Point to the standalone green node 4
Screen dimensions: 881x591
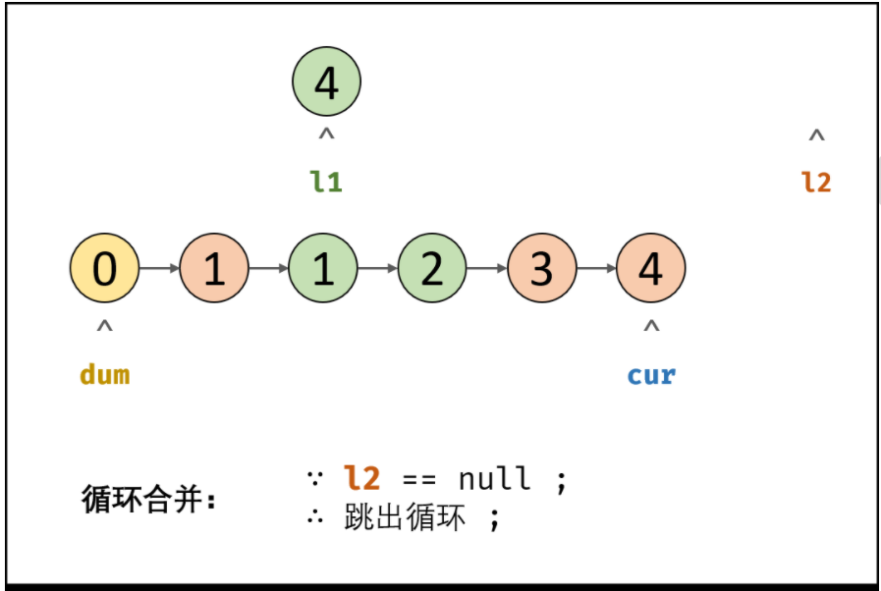[327, 82]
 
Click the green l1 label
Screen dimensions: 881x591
[327, 182]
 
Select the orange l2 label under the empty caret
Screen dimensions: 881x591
[816, 182]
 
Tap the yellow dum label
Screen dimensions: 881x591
[104, 375]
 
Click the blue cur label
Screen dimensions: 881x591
[651, 375]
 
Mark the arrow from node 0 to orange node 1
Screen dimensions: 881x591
[159, 267]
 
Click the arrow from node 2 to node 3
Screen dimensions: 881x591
[486, 267]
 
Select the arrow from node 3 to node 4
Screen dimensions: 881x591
[596, 267]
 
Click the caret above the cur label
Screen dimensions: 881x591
[651, 326]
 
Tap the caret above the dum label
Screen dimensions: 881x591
[104, 326]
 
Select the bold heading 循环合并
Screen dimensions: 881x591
[148, 500]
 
